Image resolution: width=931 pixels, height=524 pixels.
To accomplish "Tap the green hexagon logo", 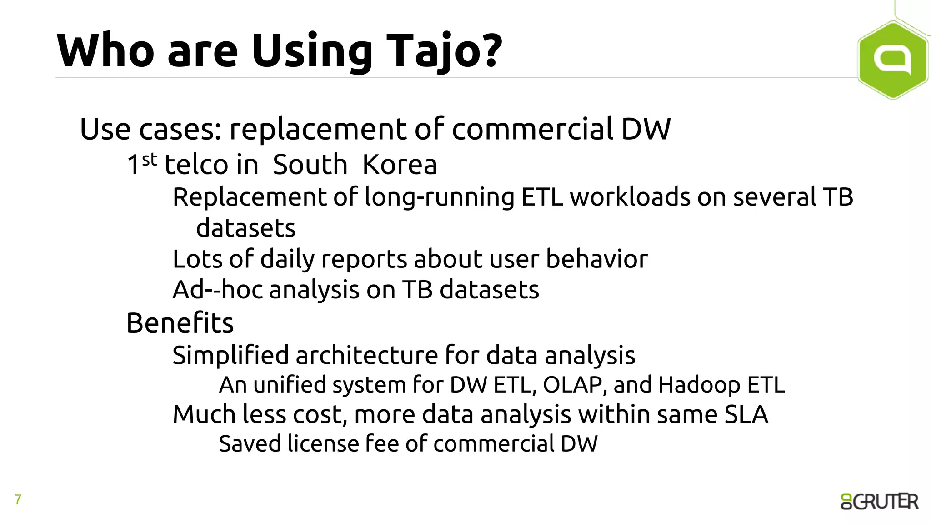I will click(x=892, y=60).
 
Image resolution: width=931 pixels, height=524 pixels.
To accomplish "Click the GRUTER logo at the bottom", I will click(x=879, y=501).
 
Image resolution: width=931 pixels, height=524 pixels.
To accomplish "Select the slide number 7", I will click(x=18, y=500).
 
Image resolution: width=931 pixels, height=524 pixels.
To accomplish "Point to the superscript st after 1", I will click(x=149, y=160).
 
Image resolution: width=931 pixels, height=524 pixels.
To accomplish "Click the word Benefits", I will click(x=180, y=323).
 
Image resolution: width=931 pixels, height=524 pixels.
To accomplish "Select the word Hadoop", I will click(x=699, y=385).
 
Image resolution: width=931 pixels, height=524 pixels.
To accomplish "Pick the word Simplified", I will click(x=230, y=355).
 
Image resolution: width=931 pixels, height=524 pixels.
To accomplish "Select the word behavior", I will click(x=596, y=259).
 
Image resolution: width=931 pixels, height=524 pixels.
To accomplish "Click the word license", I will click(x=323, y=444).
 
